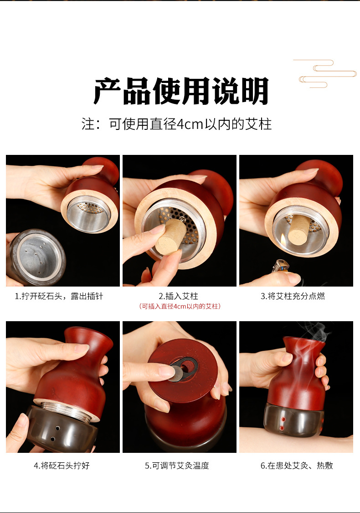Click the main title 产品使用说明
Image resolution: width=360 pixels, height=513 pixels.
(181, 91)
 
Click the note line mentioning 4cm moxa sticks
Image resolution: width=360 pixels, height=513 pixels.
(177, 124)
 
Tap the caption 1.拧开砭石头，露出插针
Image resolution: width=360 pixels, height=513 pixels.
(59, 297)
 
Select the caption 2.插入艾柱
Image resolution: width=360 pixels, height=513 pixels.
(178, 297)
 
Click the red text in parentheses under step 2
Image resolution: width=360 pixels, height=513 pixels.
(180, 306)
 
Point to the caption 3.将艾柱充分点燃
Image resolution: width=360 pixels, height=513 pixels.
(293, 297)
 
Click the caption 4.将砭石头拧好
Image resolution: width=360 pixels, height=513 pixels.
(62, 466)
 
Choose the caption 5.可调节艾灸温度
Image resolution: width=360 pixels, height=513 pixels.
(177, 466)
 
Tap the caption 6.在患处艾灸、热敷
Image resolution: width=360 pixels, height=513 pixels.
(297, 466)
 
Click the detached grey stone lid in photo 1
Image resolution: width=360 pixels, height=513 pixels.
(36, 257)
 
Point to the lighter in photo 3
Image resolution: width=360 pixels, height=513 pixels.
(280, 266)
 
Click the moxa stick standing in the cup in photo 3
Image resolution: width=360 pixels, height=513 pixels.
(299, 229)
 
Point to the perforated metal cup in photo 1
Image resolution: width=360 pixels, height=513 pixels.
(88, 214)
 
